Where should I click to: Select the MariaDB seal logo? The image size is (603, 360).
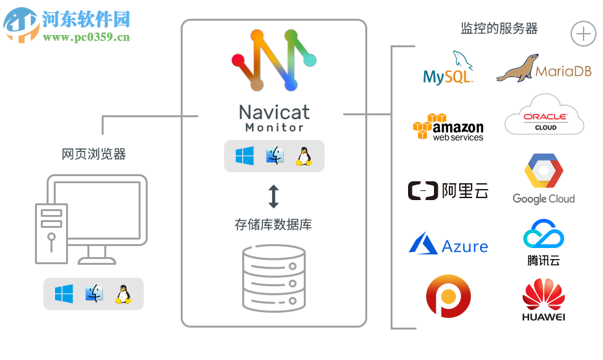click(x=543, y=69)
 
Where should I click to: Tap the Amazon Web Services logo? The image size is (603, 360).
click(x=448, y=127)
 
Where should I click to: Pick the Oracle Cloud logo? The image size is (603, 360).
click(x=544, y=116)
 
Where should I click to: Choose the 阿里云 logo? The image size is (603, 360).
click(x=448, y=190)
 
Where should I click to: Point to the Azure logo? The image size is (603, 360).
click(x=448, y=245)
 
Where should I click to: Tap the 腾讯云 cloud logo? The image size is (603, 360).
click(x=543, y=236)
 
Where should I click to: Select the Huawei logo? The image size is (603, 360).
click(x=543, y=300)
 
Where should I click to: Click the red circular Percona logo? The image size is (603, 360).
click(x=448, y=296)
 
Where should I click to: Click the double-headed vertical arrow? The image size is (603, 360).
click(x=273, y=196)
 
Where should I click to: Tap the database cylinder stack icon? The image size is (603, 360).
click(x=273, y=278)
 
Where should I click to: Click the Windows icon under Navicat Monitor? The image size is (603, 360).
click(x=245, y=155)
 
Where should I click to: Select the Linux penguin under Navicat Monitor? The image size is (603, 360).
click(x=303, y=155)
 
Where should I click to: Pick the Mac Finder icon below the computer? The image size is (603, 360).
click(x=94, y=294)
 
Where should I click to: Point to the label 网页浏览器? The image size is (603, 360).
click(x=94, y=154)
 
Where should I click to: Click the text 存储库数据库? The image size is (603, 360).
click(x=273, y=225)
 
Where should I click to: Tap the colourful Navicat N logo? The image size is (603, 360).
click(x=273, y=60)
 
